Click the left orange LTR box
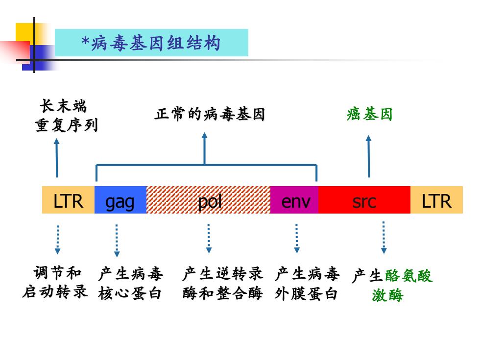tap(68, 200)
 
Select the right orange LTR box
tap(436, 200)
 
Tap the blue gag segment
tap(120, 200)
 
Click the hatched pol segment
tap(209, 200)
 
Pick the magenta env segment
tap(294, 200)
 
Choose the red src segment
tap(364, 200)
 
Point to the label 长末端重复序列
tap(66, 116)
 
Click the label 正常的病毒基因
tap(210, 114)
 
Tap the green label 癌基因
tap(369, 114)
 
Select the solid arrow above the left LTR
tap(57, 158)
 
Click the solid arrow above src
tap(368, 156)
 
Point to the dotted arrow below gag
tap(117, 240)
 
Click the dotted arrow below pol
tap(209, 239)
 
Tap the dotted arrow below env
tap(297, 239)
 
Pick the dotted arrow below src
tap(384, 238)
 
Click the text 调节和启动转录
tap(55, 282)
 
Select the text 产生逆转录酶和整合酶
tap(222, 283)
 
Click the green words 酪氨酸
tap(408, 275)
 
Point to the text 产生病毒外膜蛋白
tap(307, 283)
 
